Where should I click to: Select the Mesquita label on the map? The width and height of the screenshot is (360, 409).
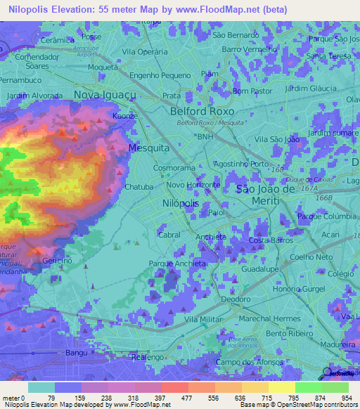pyautogui.click(x=148, y=148)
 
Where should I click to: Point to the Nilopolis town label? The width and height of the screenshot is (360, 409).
pyautogui.click(x=181, y=202)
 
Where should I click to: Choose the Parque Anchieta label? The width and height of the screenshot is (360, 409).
pyautogui.click(x=177, y=264)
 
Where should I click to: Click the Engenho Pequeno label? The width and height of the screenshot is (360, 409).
pyautogui.click(x=160, y=75)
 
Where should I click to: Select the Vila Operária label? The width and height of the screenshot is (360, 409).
pyautogui.click(x=143, y=52)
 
